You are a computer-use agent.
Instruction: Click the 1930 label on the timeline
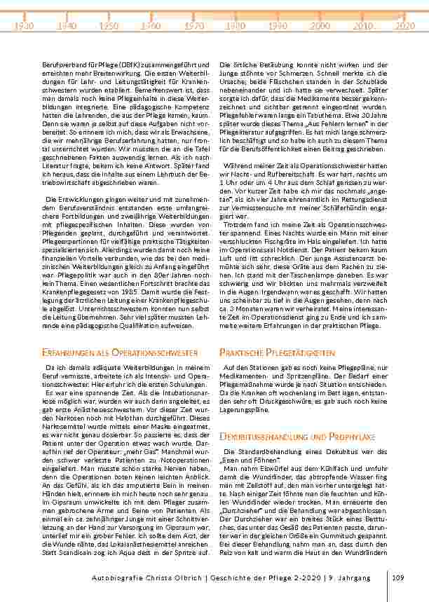[25, 26]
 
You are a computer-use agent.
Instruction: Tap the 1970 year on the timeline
[194, 26]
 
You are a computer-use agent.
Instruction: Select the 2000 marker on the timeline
[320, 26]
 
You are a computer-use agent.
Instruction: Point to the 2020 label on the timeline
[404, 26]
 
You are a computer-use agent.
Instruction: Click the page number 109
[400, 577]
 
